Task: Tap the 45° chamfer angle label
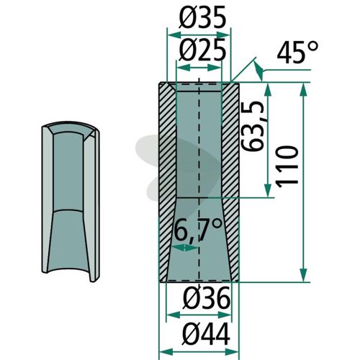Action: click(x=298, y=53)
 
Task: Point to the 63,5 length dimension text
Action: click(x=253, y=126)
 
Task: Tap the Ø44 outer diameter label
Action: click(x=207, y=334)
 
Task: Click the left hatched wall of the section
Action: click(x=167, y=182)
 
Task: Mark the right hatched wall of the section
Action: click(x=230, y=182)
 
